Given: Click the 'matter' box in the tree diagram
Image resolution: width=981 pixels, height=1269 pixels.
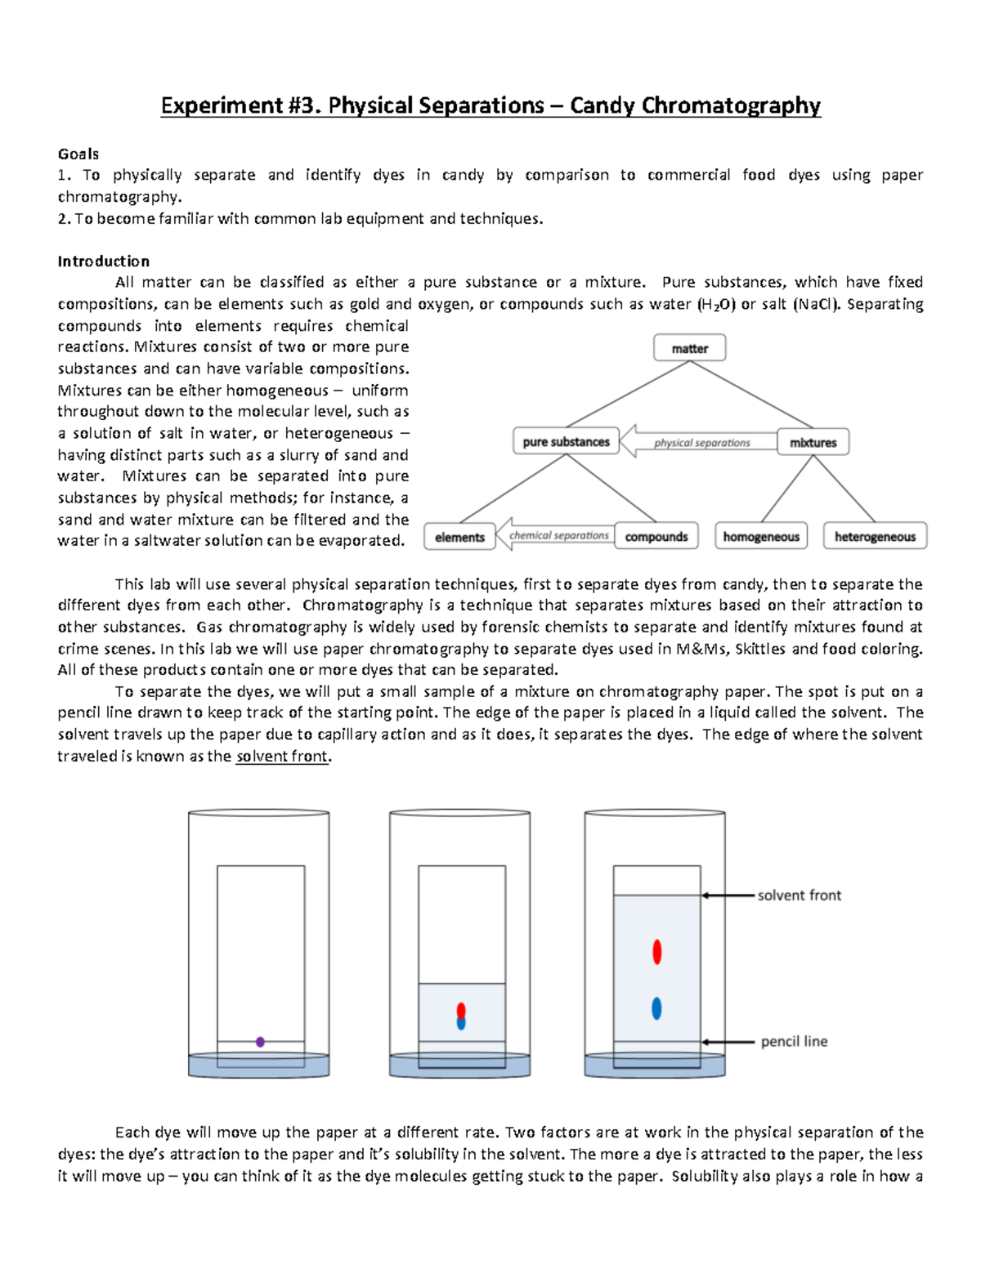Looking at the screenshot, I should [x=689, y=348].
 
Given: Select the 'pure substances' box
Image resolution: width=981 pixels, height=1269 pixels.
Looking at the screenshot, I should [x=566, y=442].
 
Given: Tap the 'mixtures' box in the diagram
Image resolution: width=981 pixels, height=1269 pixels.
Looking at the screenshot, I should [x=813, y=442].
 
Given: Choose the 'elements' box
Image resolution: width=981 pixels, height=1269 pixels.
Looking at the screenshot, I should [x=459, y=537].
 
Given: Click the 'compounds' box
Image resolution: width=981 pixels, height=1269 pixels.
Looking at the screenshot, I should [x=656, y=537].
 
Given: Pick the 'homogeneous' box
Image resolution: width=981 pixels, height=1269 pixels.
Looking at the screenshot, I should [x=761, y=537].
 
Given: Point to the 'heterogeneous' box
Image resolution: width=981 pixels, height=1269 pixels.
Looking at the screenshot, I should [x=875, y=537].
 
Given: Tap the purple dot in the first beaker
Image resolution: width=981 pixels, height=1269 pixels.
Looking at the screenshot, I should [x=260, y=1042].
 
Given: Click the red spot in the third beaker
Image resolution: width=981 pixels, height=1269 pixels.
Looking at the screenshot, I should [x=656, y=952].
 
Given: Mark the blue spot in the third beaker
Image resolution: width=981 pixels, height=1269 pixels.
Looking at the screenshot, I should [x=656, y=1008].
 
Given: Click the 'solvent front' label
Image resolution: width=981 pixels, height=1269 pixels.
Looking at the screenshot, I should [x=799, y=896].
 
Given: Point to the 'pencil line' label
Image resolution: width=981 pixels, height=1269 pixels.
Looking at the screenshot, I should [x=794, y=1042].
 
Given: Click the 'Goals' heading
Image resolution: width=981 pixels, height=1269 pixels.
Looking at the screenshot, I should [x=78, y=154].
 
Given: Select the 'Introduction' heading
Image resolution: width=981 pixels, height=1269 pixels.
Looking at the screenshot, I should [x=103, y=261].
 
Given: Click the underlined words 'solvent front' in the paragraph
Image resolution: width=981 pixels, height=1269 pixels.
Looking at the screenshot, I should [x=282, y=757].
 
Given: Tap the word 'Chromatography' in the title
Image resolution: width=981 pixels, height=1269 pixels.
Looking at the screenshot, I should [x=731, y=105].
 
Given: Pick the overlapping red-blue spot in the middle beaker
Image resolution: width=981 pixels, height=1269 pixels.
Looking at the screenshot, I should [x=461, y=1017].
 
